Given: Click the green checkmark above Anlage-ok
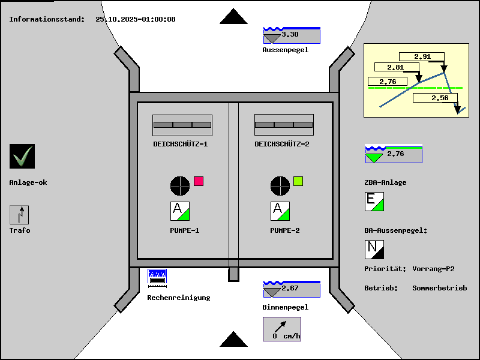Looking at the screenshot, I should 22,157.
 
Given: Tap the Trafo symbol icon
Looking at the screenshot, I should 19,215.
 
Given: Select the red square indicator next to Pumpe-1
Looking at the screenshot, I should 199,181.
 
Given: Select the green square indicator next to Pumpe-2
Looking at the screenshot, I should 298,181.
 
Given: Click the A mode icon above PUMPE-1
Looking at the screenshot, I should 180,211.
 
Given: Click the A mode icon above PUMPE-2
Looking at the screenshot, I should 280,211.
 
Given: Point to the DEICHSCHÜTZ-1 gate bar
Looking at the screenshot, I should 182,125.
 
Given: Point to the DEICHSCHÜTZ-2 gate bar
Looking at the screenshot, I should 284,125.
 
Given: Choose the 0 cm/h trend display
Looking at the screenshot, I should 282,329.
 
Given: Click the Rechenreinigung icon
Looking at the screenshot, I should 157,277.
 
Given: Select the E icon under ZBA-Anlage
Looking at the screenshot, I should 374,202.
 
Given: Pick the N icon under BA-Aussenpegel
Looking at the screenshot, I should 374,249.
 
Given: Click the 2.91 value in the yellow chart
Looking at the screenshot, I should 422,57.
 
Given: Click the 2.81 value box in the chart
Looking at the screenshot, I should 395,68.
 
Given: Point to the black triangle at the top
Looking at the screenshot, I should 233,16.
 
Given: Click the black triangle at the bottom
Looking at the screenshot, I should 233,340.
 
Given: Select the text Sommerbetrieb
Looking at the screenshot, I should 439,288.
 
